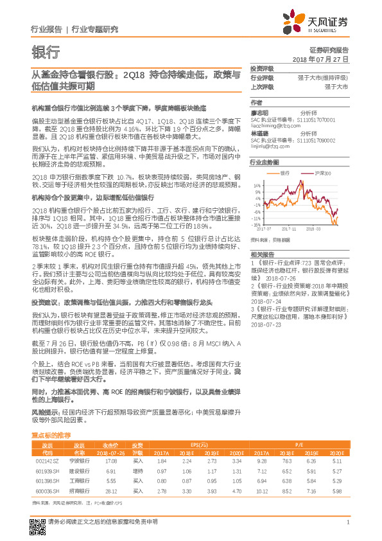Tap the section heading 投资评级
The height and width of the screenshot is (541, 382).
(x=261, y=68)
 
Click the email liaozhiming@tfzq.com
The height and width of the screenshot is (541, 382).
(x=273, y=129)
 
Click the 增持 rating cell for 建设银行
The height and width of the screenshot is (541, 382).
(x=138, y=471)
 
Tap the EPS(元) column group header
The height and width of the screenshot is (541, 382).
(x=199, y=445)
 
